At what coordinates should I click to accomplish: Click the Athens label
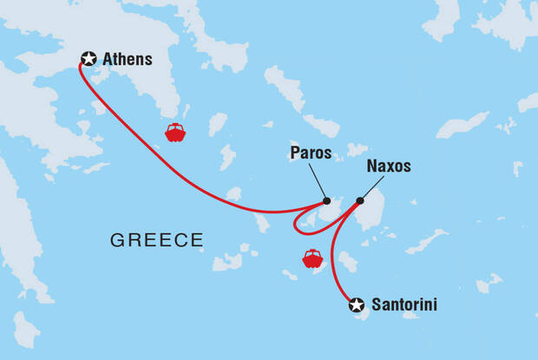point(127,60)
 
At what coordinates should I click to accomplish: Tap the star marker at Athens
point(88,59)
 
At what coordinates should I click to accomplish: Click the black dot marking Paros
point(325,200)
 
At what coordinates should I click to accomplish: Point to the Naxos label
point(388,166)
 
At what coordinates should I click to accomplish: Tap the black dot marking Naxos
point(360,200)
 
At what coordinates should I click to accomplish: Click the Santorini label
point(403,304)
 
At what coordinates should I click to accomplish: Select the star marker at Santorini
point(357,304)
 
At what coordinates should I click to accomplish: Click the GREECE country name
point(156,239)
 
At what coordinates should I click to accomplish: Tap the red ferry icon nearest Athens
point(174,133)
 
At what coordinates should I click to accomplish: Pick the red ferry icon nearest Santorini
point(312,259)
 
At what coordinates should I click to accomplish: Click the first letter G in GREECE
point(116,239)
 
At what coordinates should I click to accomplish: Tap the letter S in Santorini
point(376,304)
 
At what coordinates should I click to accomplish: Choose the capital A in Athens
point(108,60)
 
